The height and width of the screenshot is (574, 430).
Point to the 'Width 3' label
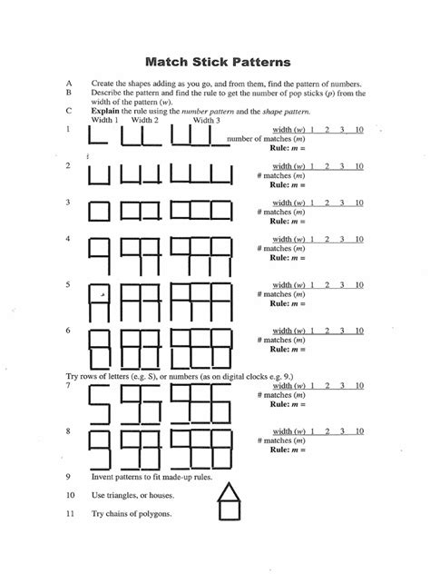pos(206,120)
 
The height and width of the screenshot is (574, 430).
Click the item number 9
pos(69,476)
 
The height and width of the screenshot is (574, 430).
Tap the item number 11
pos(70,514)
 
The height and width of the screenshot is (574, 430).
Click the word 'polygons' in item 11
pos(151,514)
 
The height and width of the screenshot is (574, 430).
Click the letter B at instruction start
pos(69,91)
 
